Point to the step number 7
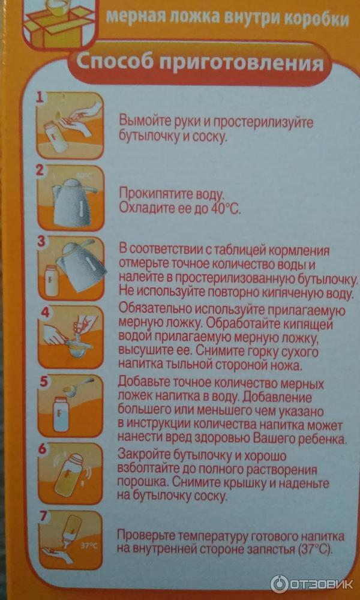[45, 517]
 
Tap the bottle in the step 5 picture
[61, 415]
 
